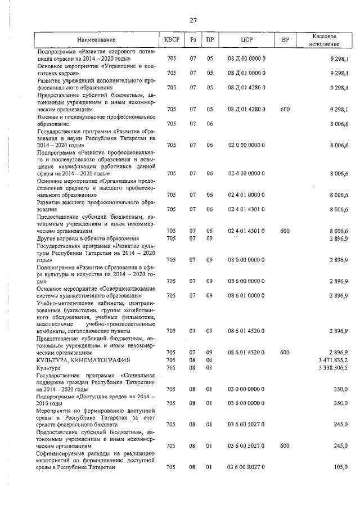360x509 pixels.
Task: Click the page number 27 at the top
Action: pyautogui.click(x=193, y=20)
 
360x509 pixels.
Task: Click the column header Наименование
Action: pyautogui.click(x=96, y=40)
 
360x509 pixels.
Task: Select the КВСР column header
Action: pyautogui.click(x=172, y=40)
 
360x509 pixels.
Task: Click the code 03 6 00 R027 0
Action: pyautogui.click(x=246, y=467)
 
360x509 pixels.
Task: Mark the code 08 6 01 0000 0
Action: pyautogui.click(x=246, y=295)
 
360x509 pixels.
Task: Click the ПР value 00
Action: pyautogui.click(x=210, y=359)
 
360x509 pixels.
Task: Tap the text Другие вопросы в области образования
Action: pyautogui.click(x=87, y=238)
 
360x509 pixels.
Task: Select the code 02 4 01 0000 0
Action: pyautogui.click(x=246, y=195)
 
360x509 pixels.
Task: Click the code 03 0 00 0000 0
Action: pyautogui.click(x=246, y=389)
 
